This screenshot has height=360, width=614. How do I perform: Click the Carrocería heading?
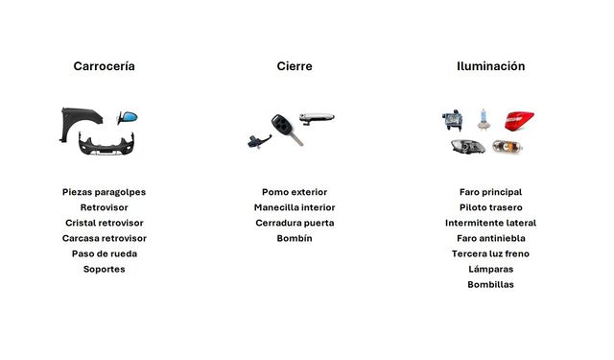105,66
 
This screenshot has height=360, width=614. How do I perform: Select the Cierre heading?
295,66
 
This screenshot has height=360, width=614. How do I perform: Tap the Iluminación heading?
490,66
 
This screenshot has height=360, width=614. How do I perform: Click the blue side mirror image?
128,117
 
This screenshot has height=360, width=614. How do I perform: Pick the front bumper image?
106,144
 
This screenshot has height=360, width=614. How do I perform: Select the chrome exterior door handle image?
317,118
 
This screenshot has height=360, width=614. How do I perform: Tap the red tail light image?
519,121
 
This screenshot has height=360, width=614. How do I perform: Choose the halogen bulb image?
484,119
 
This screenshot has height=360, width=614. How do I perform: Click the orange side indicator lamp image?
508,147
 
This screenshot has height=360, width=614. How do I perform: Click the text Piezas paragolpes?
105,192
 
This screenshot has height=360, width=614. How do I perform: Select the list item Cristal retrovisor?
105,223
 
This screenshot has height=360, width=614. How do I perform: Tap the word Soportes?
105,269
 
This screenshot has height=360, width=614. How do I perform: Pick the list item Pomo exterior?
295,192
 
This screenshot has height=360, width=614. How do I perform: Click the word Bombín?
295,238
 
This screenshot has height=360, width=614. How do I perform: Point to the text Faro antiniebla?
490,238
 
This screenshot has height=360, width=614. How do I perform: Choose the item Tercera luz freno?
490,253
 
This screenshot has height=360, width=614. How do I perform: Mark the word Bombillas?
490,284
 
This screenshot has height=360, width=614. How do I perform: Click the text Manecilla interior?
295,207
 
